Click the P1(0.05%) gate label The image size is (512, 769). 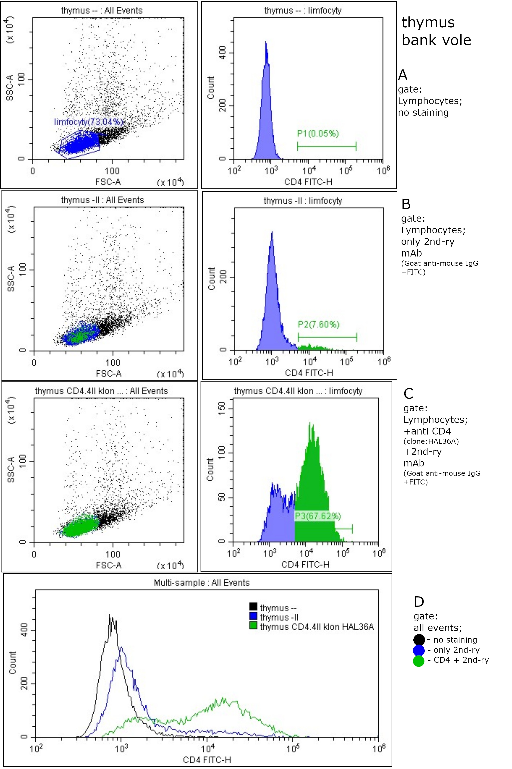coord(318,133)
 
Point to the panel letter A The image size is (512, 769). coord(403,75)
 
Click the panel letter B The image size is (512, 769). coord(406,204)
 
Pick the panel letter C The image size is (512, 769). coord(408,394)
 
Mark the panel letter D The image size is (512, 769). coord(419,602)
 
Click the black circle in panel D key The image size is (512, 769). coord(419,640)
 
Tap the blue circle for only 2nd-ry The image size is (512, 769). coord(419,650)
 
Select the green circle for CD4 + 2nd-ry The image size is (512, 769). coord(419,661)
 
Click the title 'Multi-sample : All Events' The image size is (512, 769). coord(201,583)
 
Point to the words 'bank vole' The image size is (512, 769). coord(436,40)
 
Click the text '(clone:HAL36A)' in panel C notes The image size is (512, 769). coord(431,441)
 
